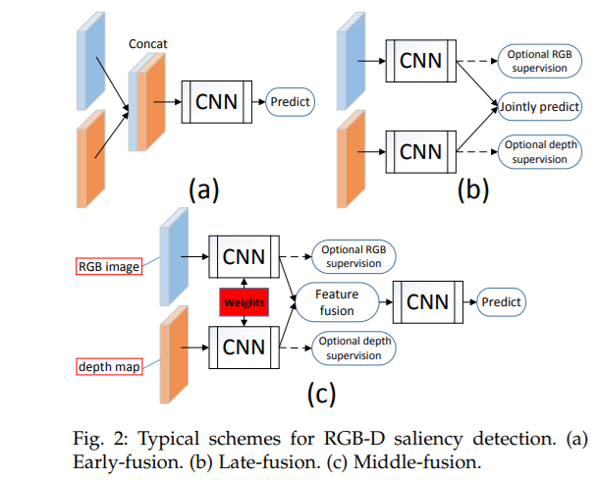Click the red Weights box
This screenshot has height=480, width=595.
click(244, 302)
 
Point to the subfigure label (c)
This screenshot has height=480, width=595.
click(321, 394)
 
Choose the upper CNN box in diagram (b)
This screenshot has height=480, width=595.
click(419, 61)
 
